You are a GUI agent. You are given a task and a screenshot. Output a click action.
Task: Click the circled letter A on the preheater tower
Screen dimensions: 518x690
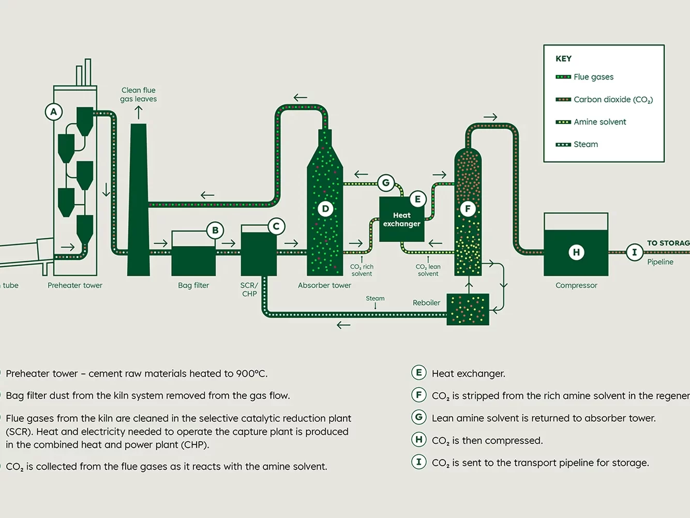coord(54,112)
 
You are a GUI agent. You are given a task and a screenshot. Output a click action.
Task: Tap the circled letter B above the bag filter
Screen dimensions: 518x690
coord(215,231)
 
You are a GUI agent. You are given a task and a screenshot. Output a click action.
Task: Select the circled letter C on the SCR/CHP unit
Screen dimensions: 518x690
coord(276,226)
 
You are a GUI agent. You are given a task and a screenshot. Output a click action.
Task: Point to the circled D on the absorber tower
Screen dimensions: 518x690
coord(325,209)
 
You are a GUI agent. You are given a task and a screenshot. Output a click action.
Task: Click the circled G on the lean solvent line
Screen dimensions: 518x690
coord(386,183)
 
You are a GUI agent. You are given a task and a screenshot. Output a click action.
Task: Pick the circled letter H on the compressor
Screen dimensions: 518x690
coord(576,252)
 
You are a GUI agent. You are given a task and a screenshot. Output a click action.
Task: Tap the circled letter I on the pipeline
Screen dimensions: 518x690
coord(635,252)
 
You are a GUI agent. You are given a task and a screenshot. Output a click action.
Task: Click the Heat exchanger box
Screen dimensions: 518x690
coord(402,220)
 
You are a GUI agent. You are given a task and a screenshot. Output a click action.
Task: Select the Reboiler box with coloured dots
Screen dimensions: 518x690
coord(468,309)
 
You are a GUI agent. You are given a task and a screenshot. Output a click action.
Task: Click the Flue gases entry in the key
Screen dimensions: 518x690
coord(593,77)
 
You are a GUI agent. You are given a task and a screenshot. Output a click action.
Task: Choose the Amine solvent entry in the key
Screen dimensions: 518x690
coord(599,122)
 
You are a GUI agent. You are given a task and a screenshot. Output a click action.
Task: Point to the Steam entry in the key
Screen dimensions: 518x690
coord(586,145)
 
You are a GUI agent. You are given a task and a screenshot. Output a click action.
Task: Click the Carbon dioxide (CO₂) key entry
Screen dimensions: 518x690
coord(613,99)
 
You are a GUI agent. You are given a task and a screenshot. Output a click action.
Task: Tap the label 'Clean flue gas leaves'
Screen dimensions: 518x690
coord(139,94)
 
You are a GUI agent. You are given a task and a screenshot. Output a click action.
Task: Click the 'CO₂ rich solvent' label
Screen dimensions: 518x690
coord(362,270)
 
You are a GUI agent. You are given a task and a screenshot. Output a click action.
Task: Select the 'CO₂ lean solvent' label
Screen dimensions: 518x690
coord(428,270)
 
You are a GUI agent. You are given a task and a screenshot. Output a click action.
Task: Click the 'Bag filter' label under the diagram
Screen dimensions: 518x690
coord(193,285)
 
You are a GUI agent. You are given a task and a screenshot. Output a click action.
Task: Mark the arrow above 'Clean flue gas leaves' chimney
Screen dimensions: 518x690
coord(139,112)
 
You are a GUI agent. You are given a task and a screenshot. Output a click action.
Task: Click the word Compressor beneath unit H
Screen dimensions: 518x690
coord(576,285)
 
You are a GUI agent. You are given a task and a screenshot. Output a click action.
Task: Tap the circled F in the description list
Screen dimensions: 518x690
coord(419,395)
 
